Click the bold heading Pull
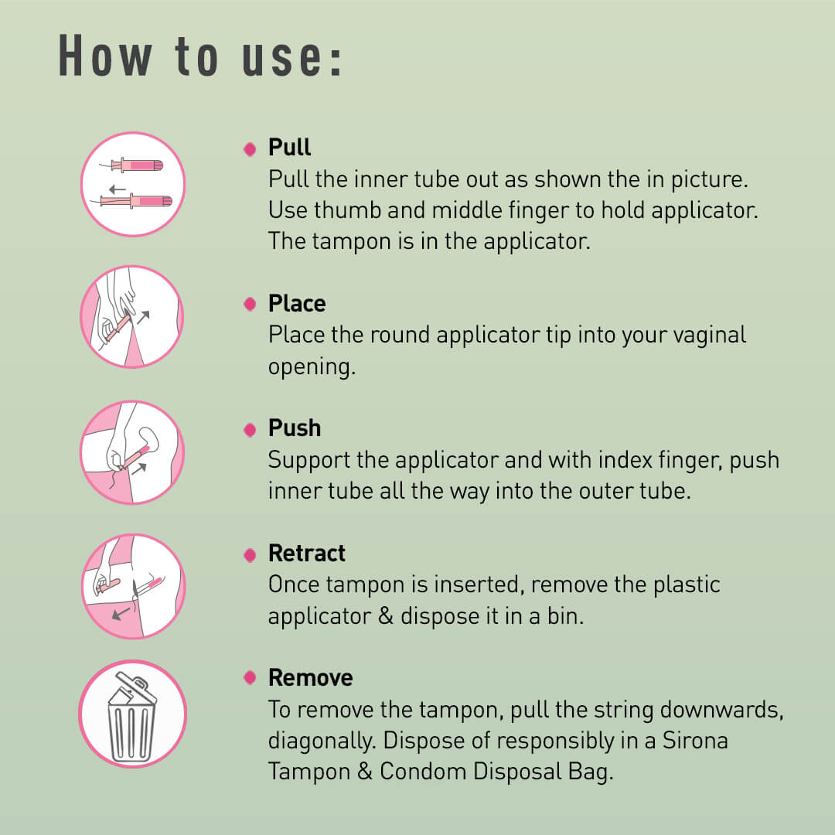[289, 147]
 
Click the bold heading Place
[297, 304]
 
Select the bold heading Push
[295, 428]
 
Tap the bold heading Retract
[307, 554]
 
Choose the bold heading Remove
[311, 678]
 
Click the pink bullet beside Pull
[250, 149]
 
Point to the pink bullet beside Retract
[250, 555]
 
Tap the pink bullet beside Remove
[250, 677]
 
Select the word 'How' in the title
[104, 56]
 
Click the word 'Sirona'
[695, 740]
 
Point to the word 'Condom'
[423, 772]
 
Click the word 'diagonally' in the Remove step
[321, 741]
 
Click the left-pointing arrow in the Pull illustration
[118, 189]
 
